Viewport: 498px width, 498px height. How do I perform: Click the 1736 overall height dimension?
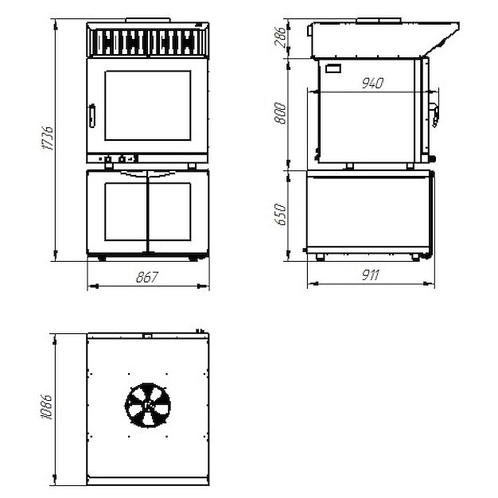click(48, 138)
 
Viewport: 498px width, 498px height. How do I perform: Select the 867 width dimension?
click(146, 278)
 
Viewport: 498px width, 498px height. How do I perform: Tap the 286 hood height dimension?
click(281, 37)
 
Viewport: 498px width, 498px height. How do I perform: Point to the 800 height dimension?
click(281, 113)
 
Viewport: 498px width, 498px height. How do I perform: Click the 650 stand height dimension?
click(281, 214)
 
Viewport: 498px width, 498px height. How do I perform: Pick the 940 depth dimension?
click(372, 84)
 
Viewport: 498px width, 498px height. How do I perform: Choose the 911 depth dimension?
click(371, 274)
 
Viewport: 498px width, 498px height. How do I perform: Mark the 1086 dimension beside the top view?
click(47, 407)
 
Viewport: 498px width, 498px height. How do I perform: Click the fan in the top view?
click(148, 405)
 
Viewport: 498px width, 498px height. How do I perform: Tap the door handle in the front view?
click(92, 116)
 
